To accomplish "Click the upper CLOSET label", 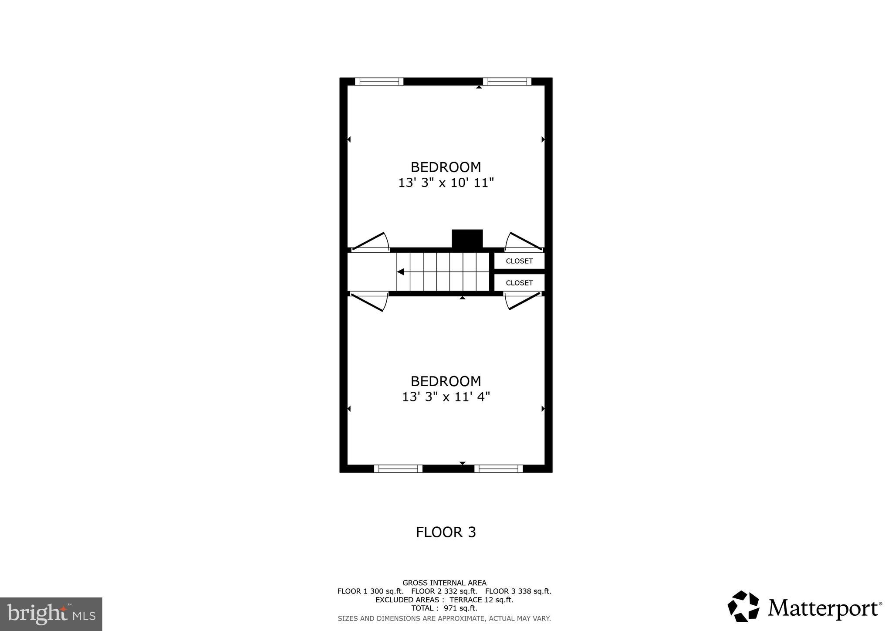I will [519, 261].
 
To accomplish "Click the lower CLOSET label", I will [519, 283].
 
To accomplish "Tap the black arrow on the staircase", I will [401, 272].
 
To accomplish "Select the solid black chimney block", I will [467, 238].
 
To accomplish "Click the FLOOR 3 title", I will [446, 532].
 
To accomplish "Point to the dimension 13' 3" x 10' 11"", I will [446, 183].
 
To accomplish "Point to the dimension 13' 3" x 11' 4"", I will [446, 397].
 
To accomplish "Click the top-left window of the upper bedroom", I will [379, 81].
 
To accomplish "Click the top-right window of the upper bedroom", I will [507, 81].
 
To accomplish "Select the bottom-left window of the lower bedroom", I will [398, 468].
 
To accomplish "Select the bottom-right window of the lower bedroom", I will [498, 468].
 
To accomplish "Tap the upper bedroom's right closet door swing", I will [524, 242].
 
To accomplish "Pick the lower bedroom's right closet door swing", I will [524, 301].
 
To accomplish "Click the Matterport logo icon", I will [743, 606].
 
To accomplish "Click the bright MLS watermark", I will [51, 614].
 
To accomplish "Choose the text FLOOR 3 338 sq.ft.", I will [518, 591].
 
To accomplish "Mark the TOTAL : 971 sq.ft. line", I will [444, 608].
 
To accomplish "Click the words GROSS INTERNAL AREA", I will [444, 583].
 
